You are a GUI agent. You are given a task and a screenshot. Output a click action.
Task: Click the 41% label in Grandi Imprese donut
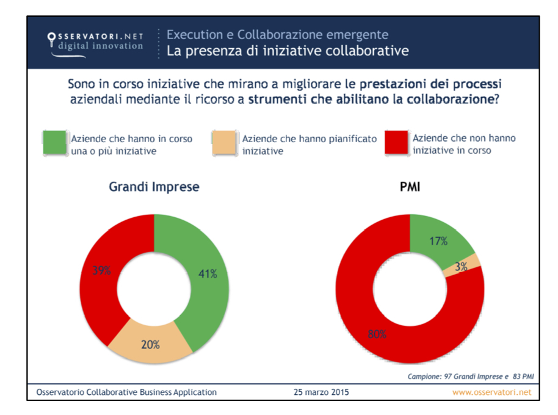coord(208,274)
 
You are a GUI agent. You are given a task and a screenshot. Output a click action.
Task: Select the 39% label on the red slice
coord(101,271)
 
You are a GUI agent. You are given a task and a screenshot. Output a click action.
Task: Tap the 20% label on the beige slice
coord(150,345)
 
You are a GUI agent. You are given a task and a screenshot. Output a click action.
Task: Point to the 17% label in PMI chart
coord(438,241)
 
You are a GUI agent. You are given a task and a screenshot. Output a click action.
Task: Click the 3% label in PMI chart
coord(461,266)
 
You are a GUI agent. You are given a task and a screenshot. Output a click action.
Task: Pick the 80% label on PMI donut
coord(375,334)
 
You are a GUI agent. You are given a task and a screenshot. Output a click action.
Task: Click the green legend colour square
coord(56,143)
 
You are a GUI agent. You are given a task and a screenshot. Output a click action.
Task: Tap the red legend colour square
coord(397,143)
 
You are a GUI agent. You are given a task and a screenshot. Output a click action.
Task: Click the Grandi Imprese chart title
coord(154,187)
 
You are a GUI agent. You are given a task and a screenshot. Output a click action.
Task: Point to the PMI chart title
coord(410,187)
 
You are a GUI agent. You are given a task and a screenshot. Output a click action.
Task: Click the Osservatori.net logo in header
coord(95,41)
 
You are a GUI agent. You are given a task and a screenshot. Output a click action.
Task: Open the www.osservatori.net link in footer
coord(491,392)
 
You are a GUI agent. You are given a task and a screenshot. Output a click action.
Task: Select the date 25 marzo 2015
coord(322,392)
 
